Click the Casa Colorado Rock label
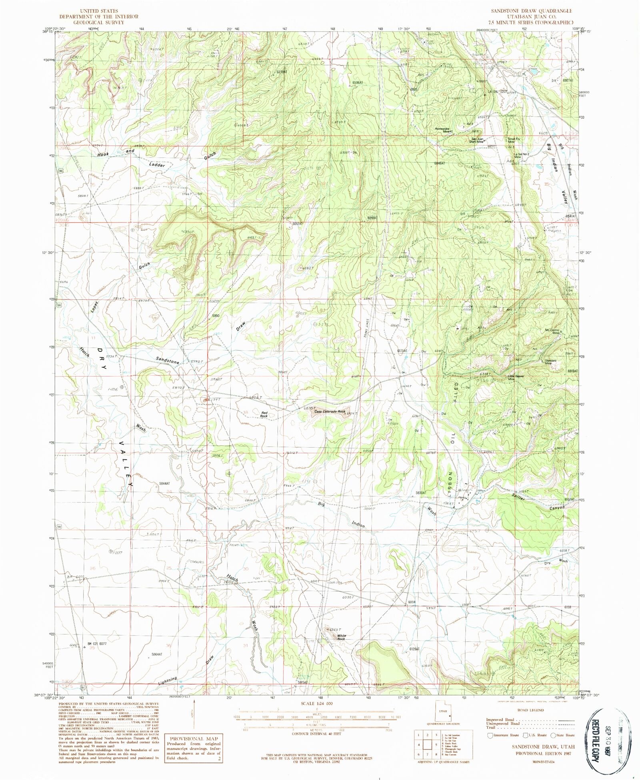tap(330, 411)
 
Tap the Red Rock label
tap(264, 415)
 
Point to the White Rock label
tap(341, 638)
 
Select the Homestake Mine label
tap(444, 130)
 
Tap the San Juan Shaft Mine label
tap(478, 140)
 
